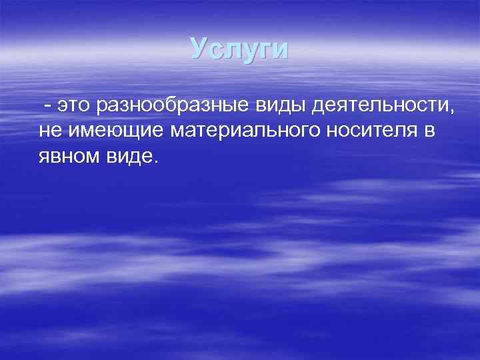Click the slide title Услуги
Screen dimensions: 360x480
pos(239,49)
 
